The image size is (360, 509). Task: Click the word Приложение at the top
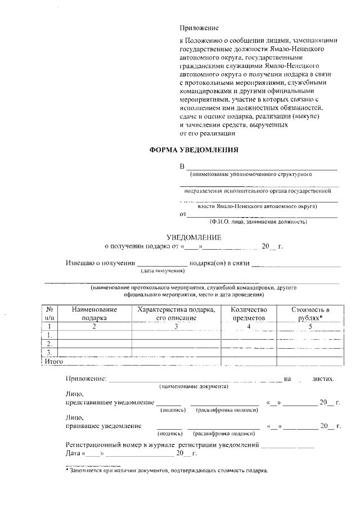(x=199, y=28)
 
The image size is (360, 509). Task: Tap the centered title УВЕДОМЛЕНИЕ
(x=193, y=237)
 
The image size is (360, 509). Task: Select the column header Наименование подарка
(x=94, y=314)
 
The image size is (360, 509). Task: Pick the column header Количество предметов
(x=249, y=314)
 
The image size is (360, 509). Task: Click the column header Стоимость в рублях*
(x=310, y=314)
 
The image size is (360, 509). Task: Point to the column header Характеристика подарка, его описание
(x=176, y=314)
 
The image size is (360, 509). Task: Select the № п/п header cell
(x=49, y=314)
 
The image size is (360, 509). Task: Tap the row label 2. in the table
(x=49, y=343)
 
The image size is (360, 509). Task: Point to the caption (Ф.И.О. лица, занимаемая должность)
(x=258, y=222)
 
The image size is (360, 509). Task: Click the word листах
(x=324, y=379)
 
